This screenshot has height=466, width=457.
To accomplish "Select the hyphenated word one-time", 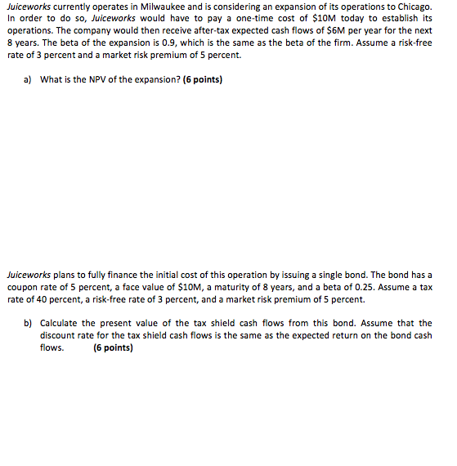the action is point(242,17).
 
